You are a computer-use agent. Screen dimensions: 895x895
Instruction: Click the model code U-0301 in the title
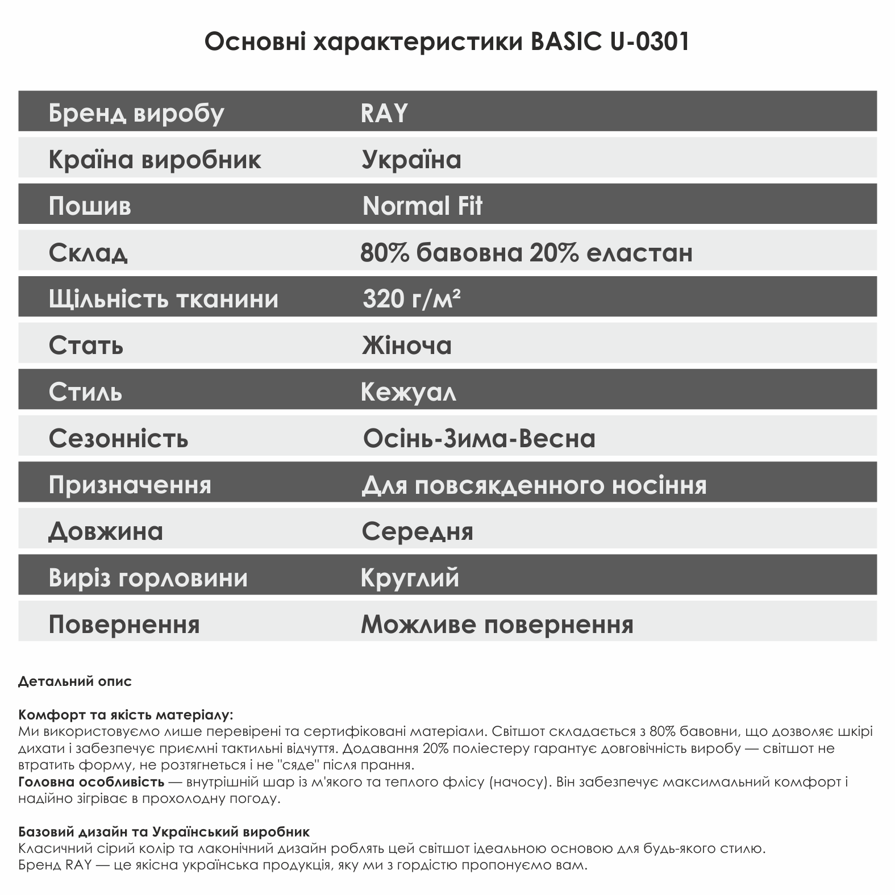650,42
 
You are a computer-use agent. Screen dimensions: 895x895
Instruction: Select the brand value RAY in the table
384,113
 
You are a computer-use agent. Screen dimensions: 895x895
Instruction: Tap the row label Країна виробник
155,159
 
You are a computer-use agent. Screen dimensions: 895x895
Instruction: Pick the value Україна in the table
411,159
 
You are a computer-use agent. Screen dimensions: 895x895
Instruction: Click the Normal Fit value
422,206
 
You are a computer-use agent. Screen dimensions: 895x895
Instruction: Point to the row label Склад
88,252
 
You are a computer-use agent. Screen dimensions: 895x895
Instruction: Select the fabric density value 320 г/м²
411,298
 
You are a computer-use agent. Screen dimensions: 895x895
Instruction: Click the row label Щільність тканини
164,299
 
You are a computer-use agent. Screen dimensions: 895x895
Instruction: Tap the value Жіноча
407,345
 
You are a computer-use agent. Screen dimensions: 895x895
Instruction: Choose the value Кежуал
408,392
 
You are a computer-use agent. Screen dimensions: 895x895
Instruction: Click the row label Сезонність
118,438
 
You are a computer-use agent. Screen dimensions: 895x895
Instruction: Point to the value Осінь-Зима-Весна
479,438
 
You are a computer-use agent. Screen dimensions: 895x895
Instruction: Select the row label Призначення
130,485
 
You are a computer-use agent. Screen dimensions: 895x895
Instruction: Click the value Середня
418,531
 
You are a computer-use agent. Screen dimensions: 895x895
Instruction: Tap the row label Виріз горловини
148,578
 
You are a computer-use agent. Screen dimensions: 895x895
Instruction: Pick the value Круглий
410,578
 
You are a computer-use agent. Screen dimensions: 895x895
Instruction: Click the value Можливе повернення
497,625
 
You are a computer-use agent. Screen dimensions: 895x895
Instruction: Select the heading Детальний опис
75,681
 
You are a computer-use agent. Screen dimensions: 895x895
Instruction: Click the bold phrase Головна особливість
91,782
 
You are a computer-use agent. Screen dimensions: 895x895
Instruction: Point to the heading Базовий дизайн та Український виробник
164,832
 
